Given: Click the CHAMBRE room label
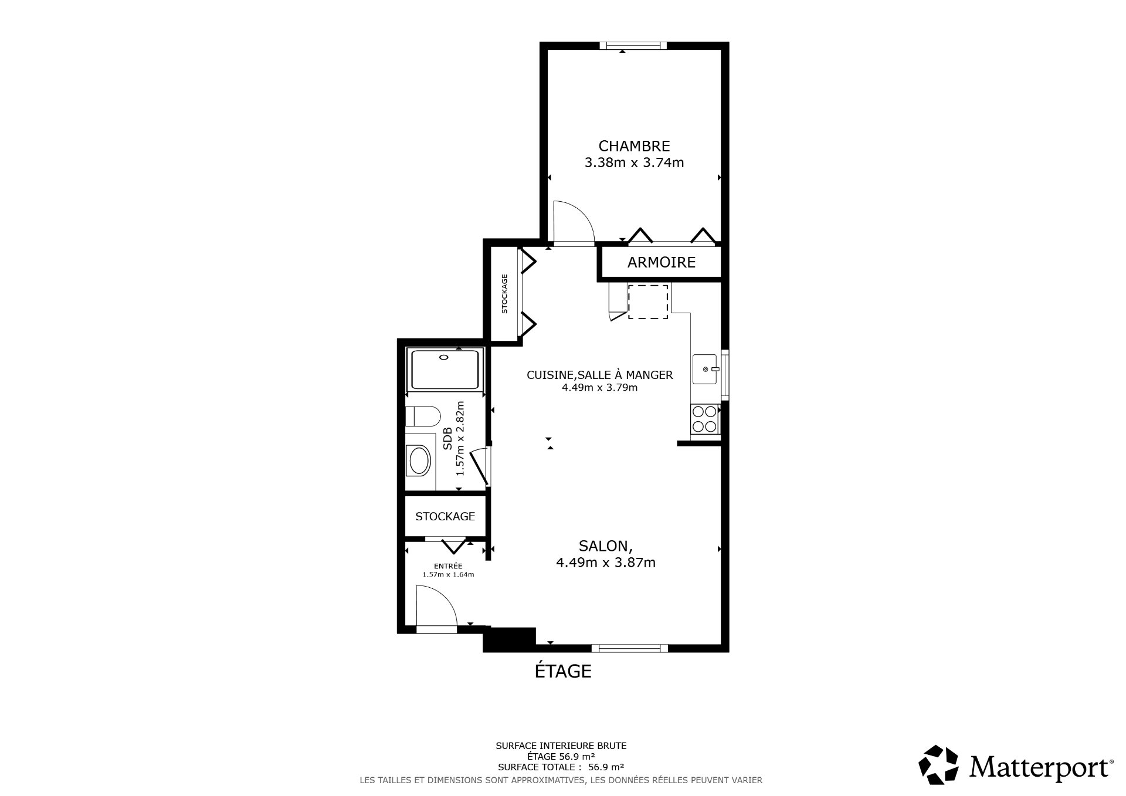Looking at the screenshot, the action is pos(634,145).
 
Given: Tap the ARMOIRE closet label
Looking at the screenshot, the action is pos(661,262).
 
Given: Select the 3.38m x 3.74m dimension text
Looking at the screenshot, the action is pos(634,162).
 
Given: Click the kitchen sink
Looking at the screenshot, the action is pos(706,369).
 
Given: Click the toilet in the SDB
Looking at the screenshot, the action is pos(423,416).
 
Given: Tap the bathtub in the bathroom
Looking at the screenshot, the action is pos(446,369).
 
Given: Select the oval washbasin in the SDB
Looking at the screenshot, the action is pos(419,461).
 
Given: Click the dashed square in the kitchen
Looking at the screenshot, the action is pos(648,302).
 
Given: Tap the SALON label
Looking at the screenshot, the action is pos(605,546).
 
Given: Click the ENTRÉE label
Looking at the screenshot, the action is pos(448,566).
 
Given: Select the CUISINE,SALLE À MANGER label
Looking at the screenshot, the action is pos(599,375).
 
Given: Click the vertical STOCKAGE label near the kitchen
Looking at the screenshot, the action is pos(504,294).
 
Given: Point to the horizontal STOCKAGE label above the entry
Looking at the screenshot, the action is pos(445,517).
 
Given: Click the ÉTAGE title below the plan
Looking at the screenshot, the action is pos(563,671).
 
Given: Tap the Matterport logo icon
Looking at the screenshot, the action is pos(938,765).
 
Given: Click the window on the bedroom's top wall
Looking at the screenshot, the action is pos(633,46).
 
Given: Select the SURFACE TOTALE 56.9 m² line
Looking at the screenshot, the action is pos(561,767).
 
